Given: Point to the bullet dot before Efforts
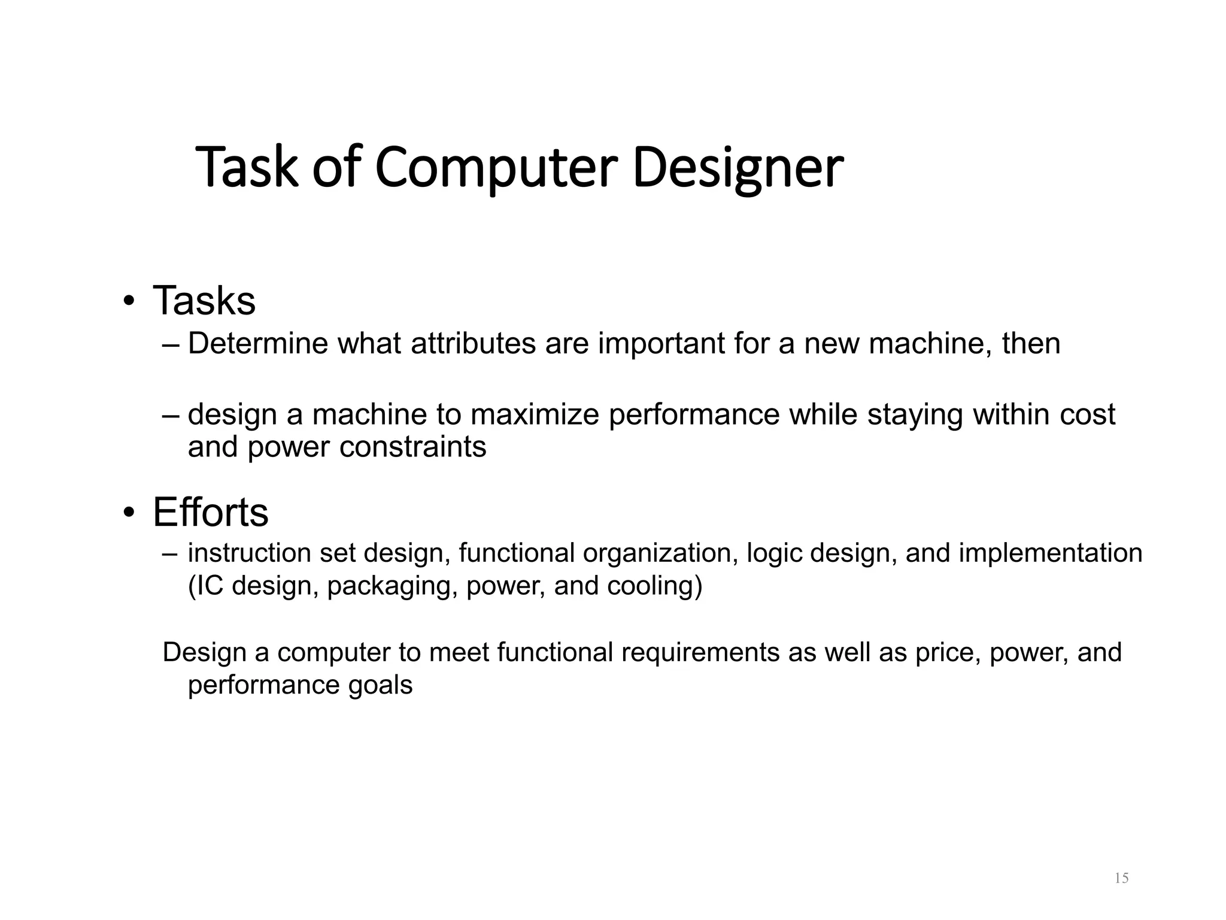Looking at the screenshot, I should pos(128,513).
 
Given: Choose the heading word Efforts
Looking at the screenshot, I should pos(210,513).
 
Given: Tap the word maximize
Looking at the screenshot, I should pos(535,414).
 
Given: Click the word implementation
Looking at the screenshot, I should pos(1051,553).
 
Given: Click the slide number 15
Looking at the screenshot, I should pos(1121,878).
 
